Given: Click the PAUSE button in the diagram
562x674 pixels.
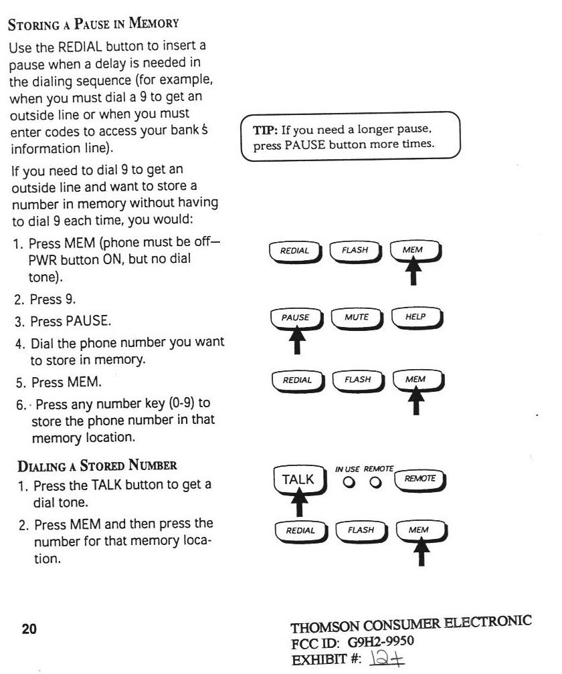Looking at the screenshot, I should point(295,317).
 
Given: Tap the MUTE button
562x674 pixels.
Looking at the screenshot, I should point(357,317).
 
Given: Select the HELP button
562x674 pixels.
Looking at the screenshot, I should point(415,317).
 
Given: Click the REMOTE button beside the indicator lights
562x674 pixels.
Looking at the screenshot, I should point(419,478).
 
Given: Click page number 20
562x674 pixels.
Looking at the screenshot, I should point(31,630).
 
